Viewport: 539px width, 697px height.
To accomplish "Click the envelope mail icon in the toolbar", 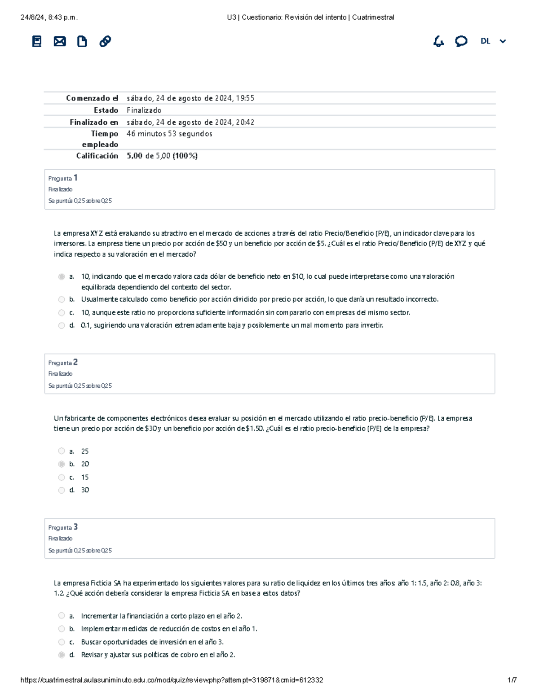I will [60, 42].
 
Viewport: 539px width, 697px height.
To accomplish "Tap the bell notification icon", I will [438, 42].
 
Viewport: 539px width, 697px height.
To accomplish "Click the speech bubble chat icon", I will [461, 41].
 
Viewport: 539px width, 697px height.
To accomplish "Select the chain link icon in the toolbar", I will [105, 41].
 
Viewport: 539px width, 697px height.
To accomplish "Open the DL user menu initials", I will [485, 41].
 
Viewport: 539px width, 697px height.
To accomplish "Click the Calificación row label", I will [97, 156].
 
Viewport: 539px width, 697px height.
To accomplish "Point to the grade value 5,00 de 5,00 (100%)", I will [162, 156].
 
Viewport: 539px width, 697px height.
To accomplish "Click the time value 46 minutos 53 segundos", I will [169, 134].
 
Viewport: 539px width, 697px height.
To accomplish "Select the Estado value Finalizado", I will [144, 110].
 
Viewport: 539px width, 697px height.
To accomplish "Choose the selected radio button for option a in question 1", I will [62, 277].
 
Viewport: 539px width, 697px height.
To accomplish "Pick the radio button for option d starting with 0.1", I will [62, 325].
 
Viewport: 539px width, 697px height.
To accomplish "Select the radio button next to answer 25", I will [62, 451].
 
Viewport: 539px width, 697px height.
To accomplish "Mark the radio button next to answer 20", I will [62, 464].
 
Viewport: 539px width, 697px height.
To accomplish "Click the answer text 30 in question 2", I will [85, 490].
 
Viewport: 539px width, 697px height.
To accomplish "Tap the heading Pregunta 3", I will [63, 527].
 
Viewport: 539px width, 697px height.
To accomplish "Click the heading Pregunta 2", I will [63, 363].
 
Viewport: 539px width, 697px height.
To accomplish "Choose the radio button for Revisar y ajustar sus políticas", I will [62, 655].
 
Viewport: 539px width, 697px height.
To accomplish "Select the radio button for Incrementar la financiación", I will [62, 616].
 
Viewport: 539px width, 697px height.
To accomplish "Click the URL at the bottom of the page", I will [172, 680].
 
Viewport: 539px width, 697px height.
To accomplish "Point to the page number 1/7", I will [512, 680].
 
